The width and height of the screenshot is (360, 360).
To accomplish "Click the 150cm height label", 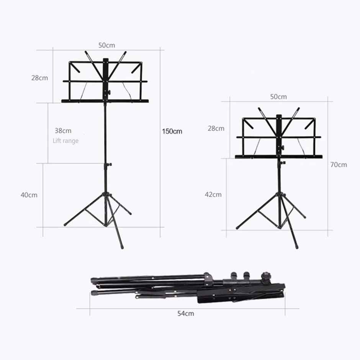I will click(172, 131).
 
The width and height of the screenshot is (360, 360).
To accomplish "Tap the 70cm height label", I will click(339, 165).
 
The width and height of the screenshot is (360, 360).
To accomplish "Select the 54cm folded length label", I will click(185, 313).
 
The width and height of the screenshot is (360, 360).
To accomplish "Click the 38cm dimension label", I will click(63, 131).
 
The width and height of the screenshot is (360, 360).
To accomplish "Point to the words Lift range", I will click(65, 141).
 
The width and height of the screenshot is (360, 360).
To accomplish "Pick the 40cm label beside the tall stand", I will click(29, 195).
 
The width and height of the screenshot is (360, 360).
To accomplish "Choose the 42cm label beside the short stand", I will click(213, 194).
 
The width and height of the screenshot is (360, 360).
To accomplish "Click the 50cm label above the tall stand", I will click(106, 45).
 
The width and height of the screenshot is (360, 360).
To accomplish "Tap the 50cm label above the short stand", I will click(278, 97).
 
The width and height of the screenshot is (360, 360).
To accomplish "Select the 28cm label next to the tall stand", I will click(40, 78).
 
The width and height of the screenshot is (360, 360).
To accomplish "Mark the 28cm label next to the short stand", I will click(216, 128).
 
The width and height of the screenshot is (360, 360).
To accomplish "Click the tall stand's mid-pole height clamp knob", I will click(110, 164).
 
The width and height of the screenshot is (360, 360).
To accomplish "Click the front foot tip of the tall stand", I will click(122, 247).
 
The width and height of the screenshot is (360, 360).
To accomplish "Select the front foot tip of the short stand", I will click(296, 247).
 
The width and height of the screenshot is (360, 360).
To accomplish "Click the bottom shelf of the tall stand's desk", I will click(105, 101).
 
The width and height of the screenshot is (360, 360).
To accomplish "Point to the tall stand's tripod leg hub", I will click(107, 195).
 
